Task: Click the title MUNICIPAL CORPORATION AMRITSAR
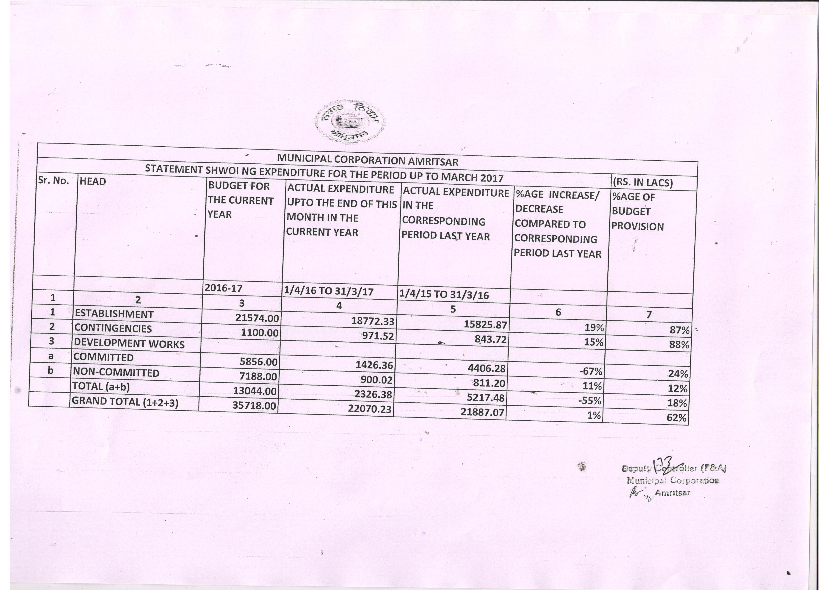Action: (367, 161)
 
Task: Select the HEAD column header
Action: (93, 181)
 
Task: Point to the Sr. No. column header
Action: (53, 180)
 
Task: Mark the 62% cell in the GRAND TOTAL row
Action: (676, 418)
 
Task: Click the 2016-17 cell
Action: (223, 288)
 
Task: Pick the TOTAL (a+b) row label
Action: (101, 386)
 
